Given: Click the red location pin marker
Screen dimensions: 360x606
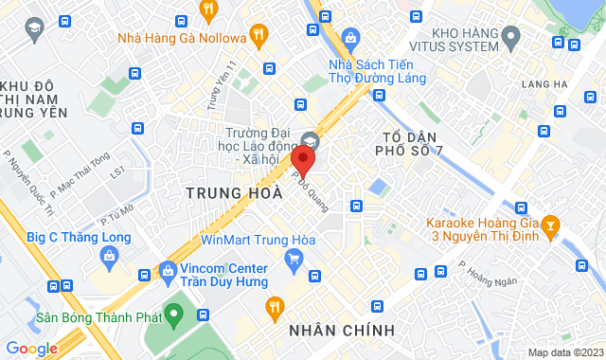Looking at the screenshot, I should click(x=303, y=158).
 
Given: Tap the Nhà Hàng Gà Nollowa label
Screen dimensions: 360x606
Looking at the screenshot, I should click(x=181, y=38).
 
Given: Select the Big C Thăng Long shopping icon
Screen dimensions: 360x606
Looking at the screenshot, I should click(x=111, y=256).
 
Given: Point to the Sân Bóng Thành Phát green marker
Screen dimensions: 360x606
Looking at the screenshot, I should click(x=173, y=312).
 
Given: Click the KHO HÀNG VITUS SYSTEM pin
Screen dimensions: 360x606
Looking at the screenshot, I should click(x=511, y=38).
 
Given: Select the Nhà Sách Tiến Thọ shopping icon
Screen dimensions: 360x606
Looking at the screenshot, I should click(x=351, y=38).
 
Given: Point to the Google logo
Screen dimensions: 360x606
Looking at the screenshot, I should click(x=31, y=349).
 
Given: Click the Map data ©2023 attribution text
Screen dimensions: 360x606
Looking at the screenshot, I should click(x=563, y=352).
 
